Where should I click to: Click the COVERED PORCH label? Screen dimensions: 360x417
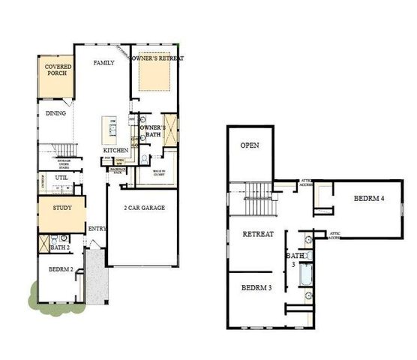coord(58,71)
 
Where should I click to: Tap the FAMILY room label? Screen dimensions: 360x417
coord(103,63)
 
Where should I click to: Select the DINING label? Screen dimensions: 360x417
coord(56,114)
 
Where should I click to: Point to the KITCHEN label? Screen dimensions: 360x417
coord(115,151)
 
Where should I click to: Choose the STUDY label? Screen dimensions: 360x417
coord(61,208)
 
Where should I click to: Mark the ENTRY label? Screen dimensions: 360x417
coord(97,229)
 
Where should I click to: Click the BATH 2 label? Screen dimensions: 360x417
coord(60,247)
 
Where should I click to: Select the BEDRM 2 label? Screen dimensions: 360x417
coord(61,269)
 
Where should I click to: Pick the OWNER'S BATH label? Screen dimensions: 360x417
coord(153,131)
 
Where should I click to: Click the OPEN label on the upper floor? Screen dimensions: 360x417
coord(250,145)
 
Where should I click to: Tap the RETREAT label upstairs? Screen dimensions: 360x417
coord(258,234)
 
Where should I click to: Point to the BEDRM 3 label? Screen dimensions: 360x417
coord(256,288)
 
